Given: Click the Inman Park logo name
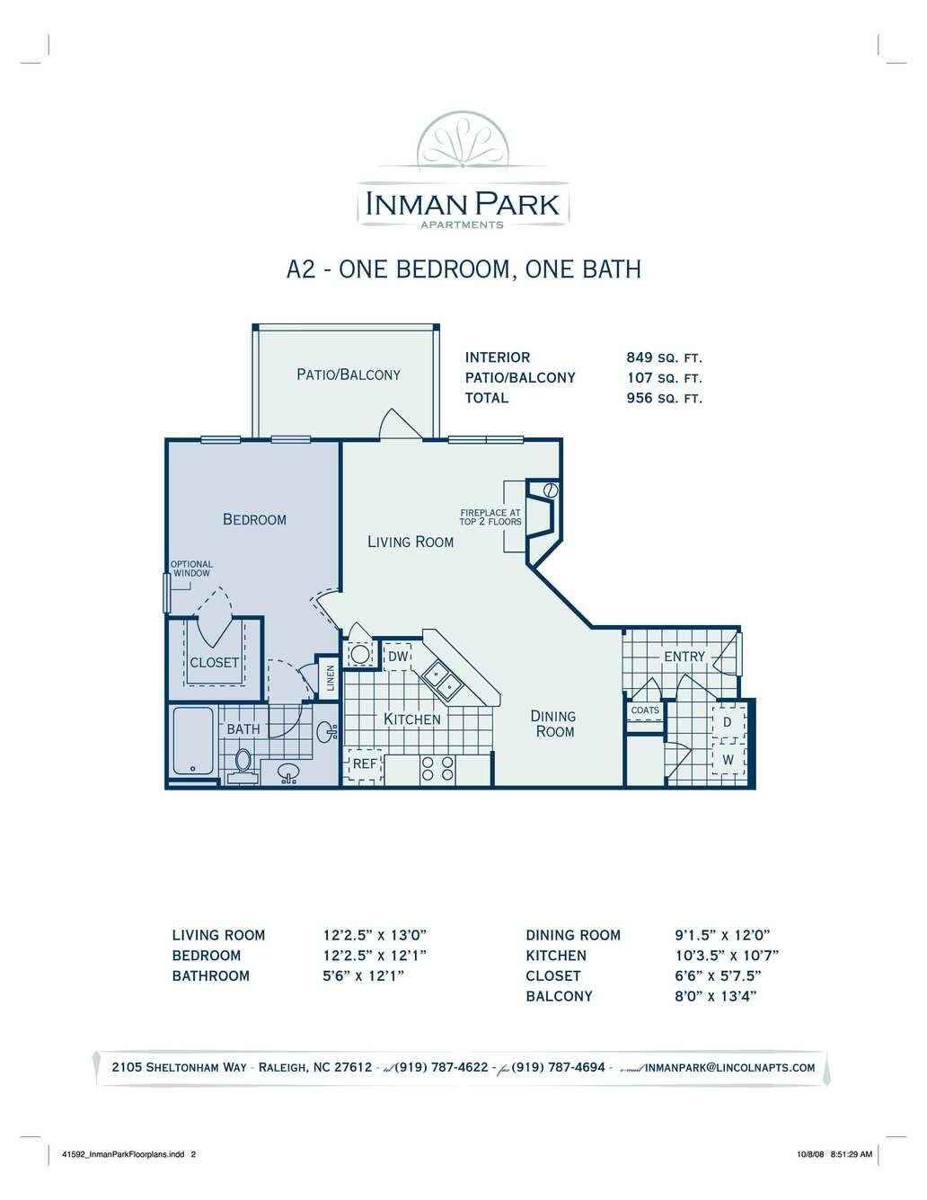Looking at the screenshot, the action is coord(463,204).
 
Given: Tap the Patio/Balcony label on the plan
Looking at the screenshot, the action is coord(349,375).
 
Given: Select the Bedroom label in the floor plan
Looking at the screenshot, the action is coord(254,519).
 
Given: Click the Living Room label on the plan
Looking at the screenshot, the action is coord(411,542).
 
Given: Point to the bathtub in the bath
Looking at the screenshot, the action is coord(193,740).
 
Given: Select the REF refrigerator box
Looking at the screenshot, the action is coord(364,765).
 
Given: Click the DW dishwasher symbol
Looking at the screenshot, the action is coord(398,656).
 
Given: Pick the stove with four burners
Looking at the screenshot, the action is coord(437,768).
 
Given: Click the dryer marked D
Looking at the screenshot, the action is coord(727,722).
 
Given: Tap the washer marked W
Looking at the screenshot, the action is coord(728,760).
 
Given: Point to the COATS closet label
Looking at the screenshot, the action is coord(644,710).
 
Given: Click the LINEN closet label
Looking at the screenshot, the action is coord(331,678).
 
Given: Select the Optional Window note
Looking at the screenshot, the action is coord(191,569).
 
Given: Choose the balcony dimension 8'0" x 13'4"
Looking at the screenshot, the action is coord(715,996).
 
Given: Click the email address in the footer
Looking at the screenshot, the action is coord(729,1067).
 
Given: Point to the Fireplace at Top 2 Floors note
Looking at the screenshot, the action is coord(490,516).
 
